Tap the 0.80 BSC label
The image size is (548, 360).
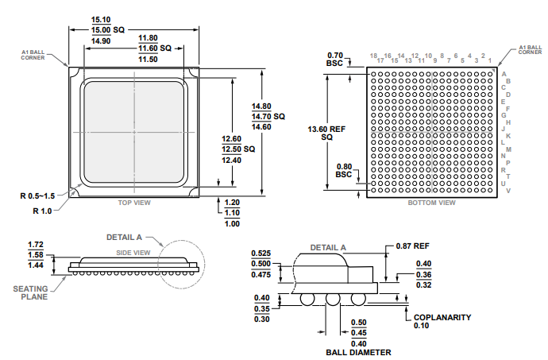click(x=343, y=170)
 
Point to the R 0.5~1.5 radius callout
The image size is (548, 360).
click(x=37, y=195)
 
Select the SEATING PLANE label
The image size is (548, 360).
click(x=34, y=292)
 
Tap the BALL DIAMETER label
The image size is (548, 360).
click(x=358, y=352)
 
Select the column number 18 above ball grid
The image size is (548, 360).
click(x=372, y=56)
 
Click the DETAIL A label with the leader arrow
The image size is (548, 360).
click(x=124, y=237)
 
